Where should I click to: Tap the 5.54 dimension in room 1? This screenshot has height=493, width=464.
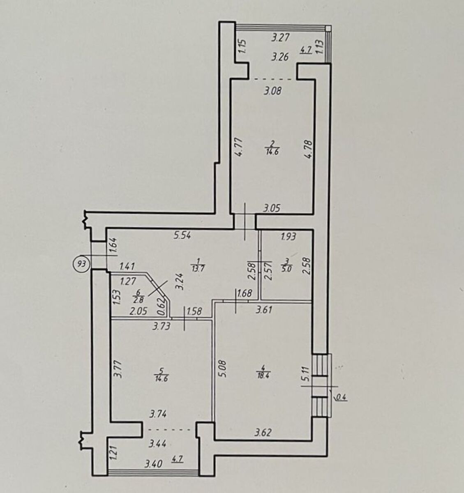point(182,235)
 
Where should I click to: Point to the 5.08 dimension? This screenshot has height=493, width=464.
point(223,372)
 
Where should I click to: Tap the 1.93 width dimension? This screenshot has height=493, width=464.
point(288,236)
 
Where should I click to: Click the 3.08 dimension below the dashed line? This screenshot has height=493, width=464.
point(272,91)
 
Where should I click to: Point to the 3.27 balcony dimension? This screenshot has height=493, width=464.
point(280,38)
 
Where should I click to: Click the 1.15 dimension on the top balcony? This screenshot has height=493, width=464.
point(242,46)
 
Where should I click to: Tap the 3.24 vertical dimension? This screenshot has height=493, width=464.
point(180,281)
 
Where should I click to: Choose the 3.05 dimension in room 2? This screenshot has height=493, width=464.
point(272,208)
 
